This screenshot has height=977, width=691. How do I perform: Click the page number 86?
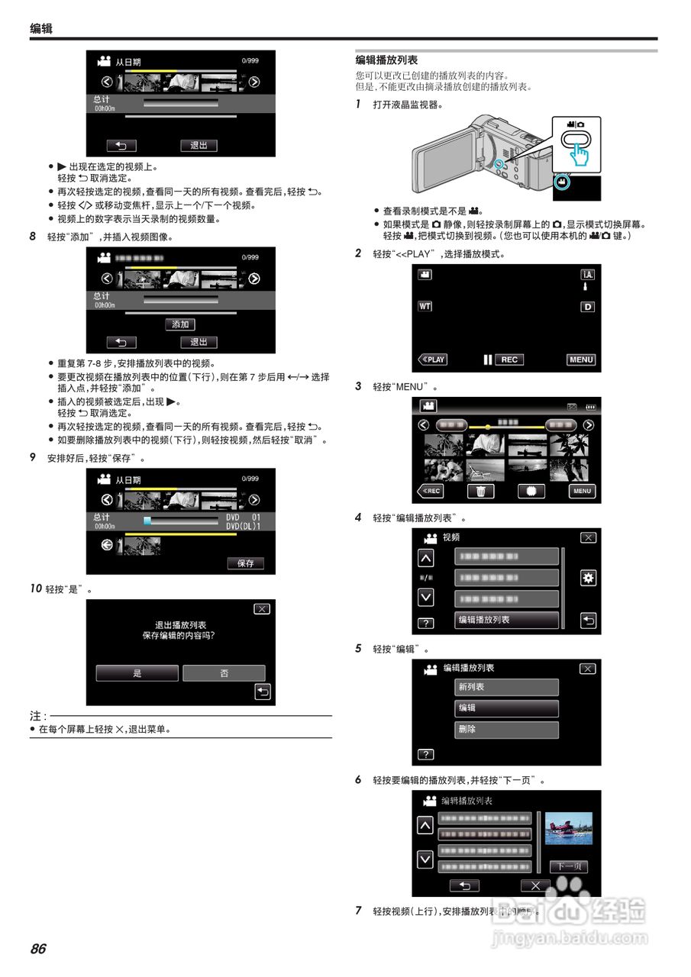click(x=38, y=949)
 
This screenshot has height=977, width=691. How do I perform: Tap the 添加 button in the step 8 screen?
click(x=180, y=324)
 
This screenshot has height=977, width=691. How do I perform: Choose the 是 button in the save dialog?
click(x=137, y=673)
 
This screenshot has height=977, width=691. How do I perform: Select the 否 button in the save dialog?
click(x=224, y=673)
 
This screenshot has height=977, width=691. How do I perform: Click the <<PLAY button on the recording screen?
click(x=432, y=360)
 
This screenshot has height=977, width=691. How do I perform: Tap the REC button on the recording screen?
click(x=509, y=360)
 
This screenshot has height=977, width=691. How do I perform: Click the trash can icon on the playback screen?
click(x=480, y=492)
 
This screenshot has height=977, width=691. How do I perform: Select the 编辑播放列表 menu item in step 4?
click(x=506, y=620)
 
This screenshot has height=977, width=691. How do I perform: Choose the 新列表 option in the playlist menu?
click(x=506, y=687)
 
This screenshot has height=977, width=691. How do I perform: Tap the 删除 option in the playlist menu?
click(x=506, y=730)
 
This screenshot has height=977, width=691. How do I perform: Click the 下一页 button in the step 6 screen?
click(x=569, y=866)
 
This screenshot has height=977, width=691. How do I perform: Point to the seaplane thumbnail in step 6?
click(x=569, y=828)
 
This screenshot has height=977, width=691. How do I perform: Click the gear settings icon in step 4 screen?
click(x=588, y=578)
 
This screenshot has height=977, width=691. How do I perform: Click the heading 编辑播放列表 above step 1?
click(x=386, y=60)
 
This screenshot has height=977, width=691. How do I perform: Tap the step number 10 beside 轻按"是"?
click(x=36, y=589)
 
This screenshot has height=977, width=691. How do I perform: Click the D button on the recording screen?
click(x=588, y=307)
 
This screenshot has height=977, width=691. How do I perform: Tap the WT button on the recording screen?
click(x=425, y=306)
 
